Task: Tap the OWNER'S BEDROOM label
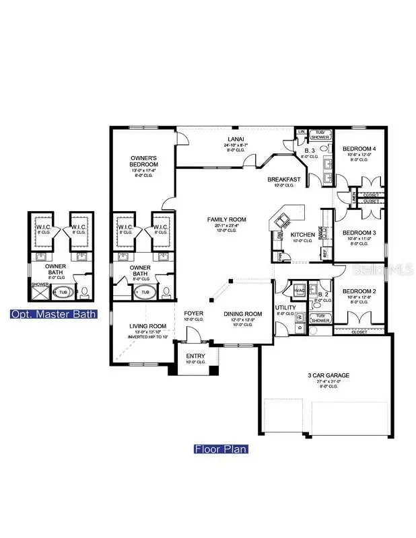[144, 161]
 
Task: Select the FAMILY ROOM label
[226, 219]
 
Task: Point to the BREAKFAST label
[283, 180]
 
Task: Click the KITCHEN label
[302, 235]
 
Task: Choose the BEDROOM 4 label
[359, 149]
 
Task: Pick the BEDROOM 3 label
[359, 233]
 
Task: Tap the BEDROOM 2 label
[359, 292]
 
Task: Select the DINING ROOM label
[242, 314]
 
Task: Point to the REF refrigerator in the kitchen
[325, 254]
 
